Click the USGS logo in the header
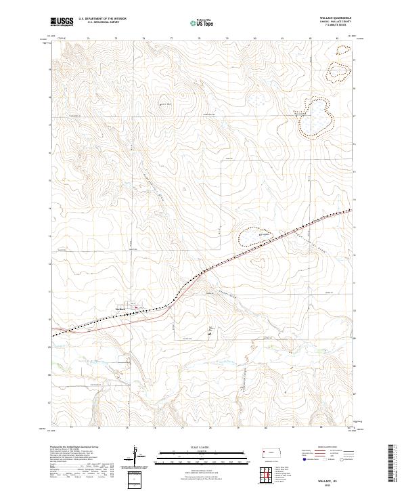tap(62, 22)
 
